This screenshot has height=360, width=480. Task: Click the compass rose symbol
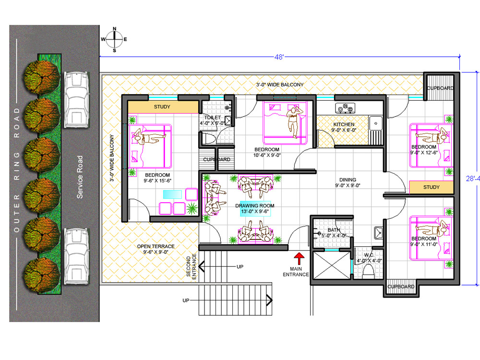tap(114, 39)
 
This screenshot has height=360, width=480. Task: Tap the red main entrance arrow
tap(299, 259)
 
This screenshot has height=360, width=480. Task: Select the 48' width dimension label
tap(279, 57)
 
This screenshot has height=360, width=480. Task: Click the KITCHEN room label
tap(344, 124)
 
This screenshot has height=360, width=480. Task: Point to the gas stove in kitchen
tap(345, 108)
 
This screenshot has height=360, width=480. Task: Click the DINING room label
tap(348, 180)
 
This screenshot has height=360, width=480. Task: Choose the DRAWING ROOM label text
tap(255, 206)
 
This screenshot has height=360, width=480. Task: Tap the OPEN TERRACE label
tap(156, 246)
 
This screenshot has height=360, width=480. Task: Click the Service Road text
tap(80, 177)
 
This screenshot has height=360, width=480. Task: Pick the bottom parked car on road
tap(76, 256)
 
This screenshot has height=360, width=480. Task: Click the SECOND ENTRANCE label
tap(192, 266)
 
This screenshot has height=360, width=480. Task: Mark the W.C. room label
tap(369, 255)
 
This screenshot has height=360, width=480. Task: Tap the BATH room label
tap(334, 230)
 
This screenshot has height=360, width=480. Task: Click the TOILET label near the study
tap(213, 118)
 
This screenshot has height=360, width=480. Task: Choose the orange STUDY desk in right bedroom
tap(432, 187)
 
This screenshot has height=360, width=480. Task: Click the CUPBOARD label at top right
tap(440, 88)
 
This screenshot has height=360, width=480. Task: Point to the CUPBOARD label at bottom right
tap(401, 287)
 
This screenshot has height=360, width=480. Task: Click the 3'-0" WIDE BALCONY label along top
tap(280, 84)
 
